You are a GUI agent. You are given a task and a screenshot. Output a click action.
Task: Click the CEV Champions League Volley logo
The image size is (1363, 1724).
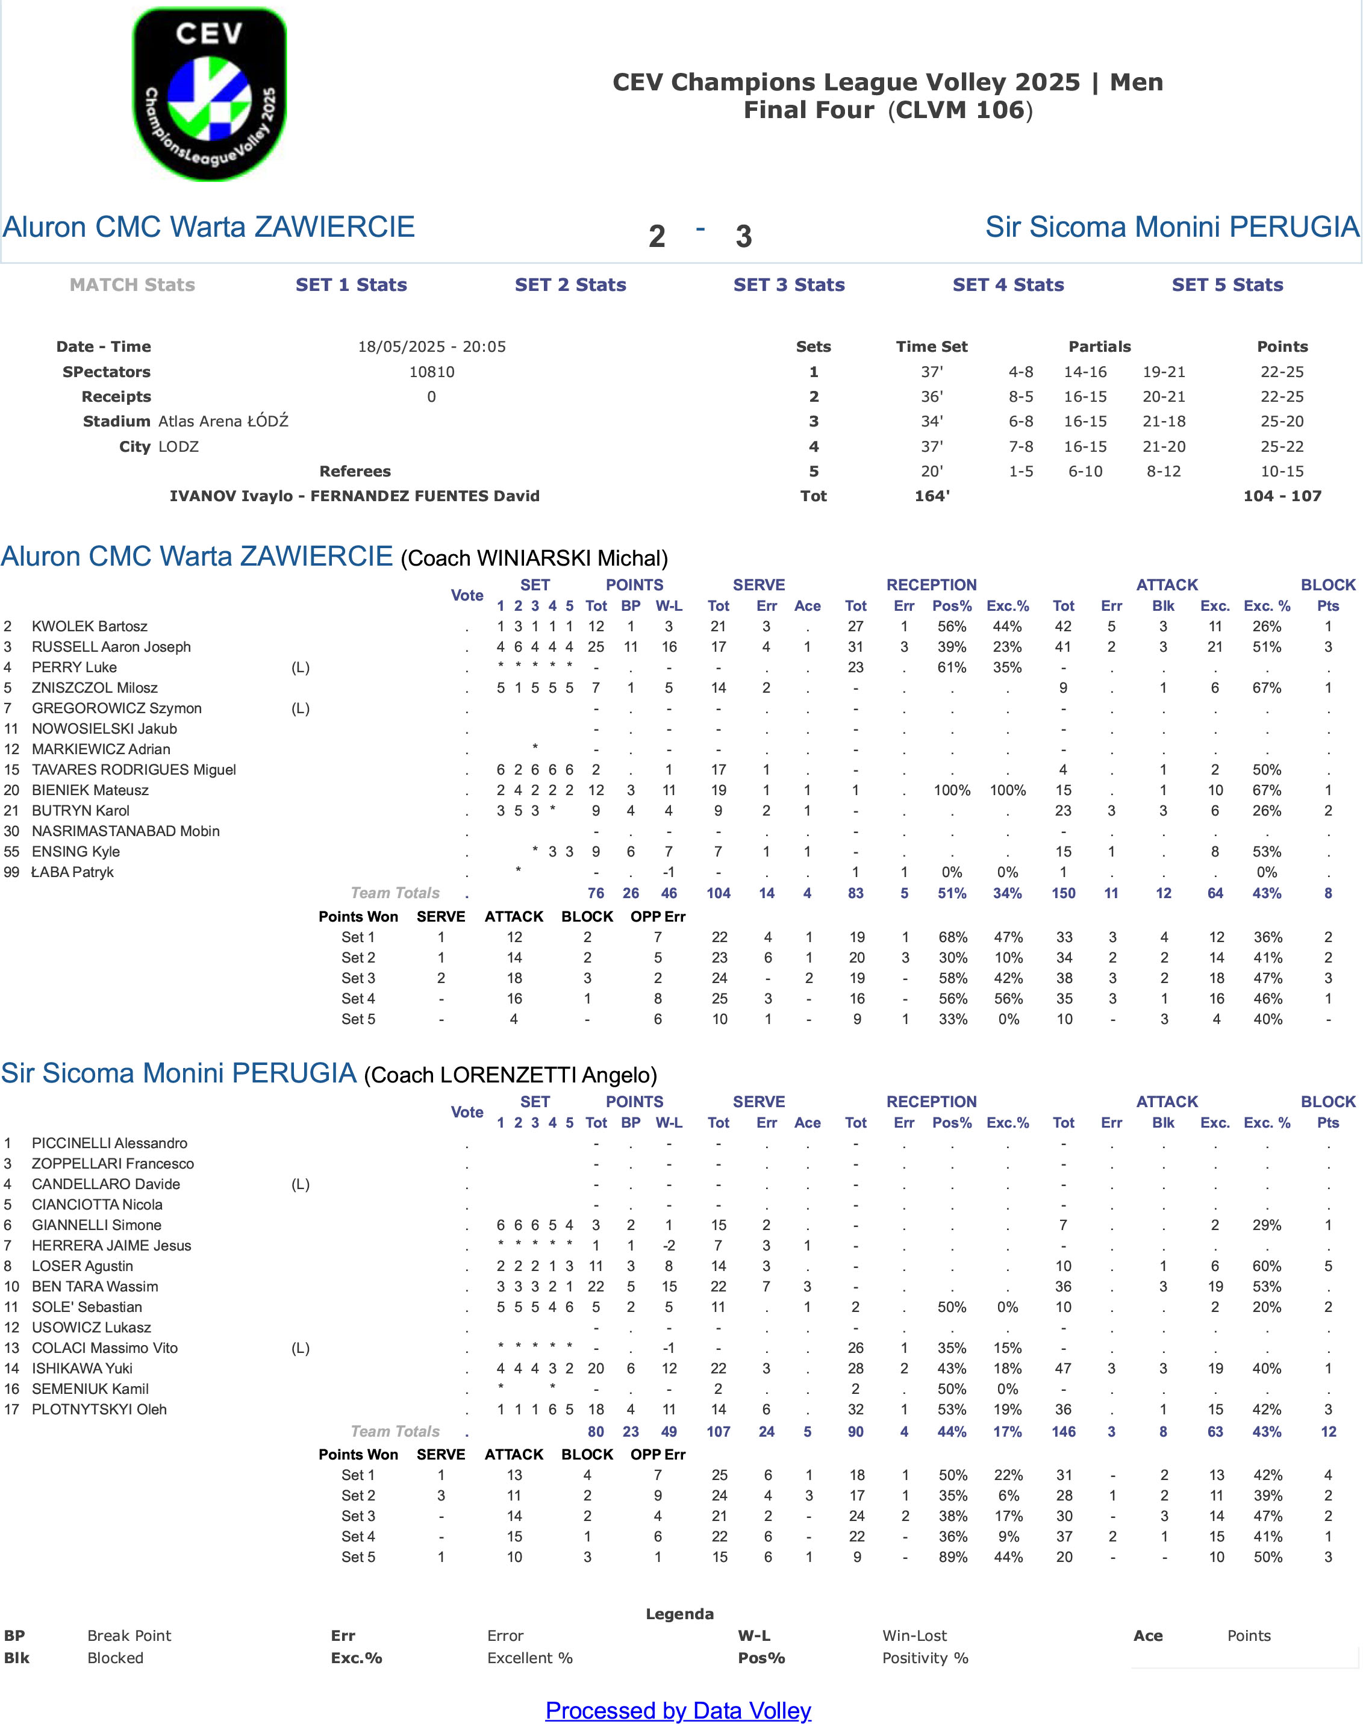209,94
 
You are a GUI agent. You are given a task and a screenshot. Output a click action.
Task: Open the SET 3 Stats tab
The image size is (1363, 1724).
789,285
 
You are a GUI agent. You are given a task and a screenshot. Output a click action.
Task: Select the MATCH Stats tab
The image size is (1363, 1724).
133,285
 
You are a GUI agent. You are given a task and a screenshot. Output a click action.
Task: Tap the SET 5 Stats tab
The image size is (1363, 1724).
1227,285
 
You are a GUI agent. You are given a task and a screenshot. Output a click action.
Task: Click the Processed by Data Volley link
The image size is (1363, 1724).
678,1710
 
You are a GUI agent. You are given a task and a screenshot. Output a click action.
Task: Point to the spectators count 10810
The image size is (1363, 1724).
432,372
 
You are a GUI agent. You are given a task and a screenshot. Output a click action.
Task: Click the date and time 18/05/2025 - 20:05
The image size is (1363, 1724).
432,346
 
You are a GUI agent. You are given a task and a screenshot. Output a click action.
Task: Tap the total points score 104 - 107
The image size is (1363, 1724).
1282,496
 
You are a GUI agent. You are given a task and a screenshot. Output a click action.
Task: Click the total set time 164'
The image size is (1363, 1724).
932,496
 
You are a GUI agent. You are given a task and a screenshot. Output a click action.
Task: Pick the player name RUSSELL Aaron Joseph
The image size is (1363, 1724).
111,646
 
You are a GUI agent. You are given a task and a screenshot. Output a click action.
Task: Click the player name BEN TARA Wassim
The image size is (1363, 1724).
95,1286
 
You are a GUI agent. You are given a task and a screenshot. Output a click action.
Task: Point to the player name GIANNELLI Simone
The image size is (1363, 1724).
96,1225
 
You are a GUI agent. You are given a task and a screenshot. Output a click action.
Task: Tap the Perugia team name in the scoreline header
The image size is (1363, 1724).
1172,226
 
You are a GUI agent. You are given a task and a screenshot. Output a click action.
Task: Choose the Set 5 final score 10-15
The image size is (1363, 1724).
1282,471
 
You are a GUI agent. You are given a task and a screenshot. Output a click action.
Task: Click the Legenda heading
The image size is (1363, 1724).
680,1614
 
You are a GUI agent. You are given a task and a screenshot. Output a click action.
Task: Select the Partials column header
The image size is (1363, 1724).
1100,346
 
